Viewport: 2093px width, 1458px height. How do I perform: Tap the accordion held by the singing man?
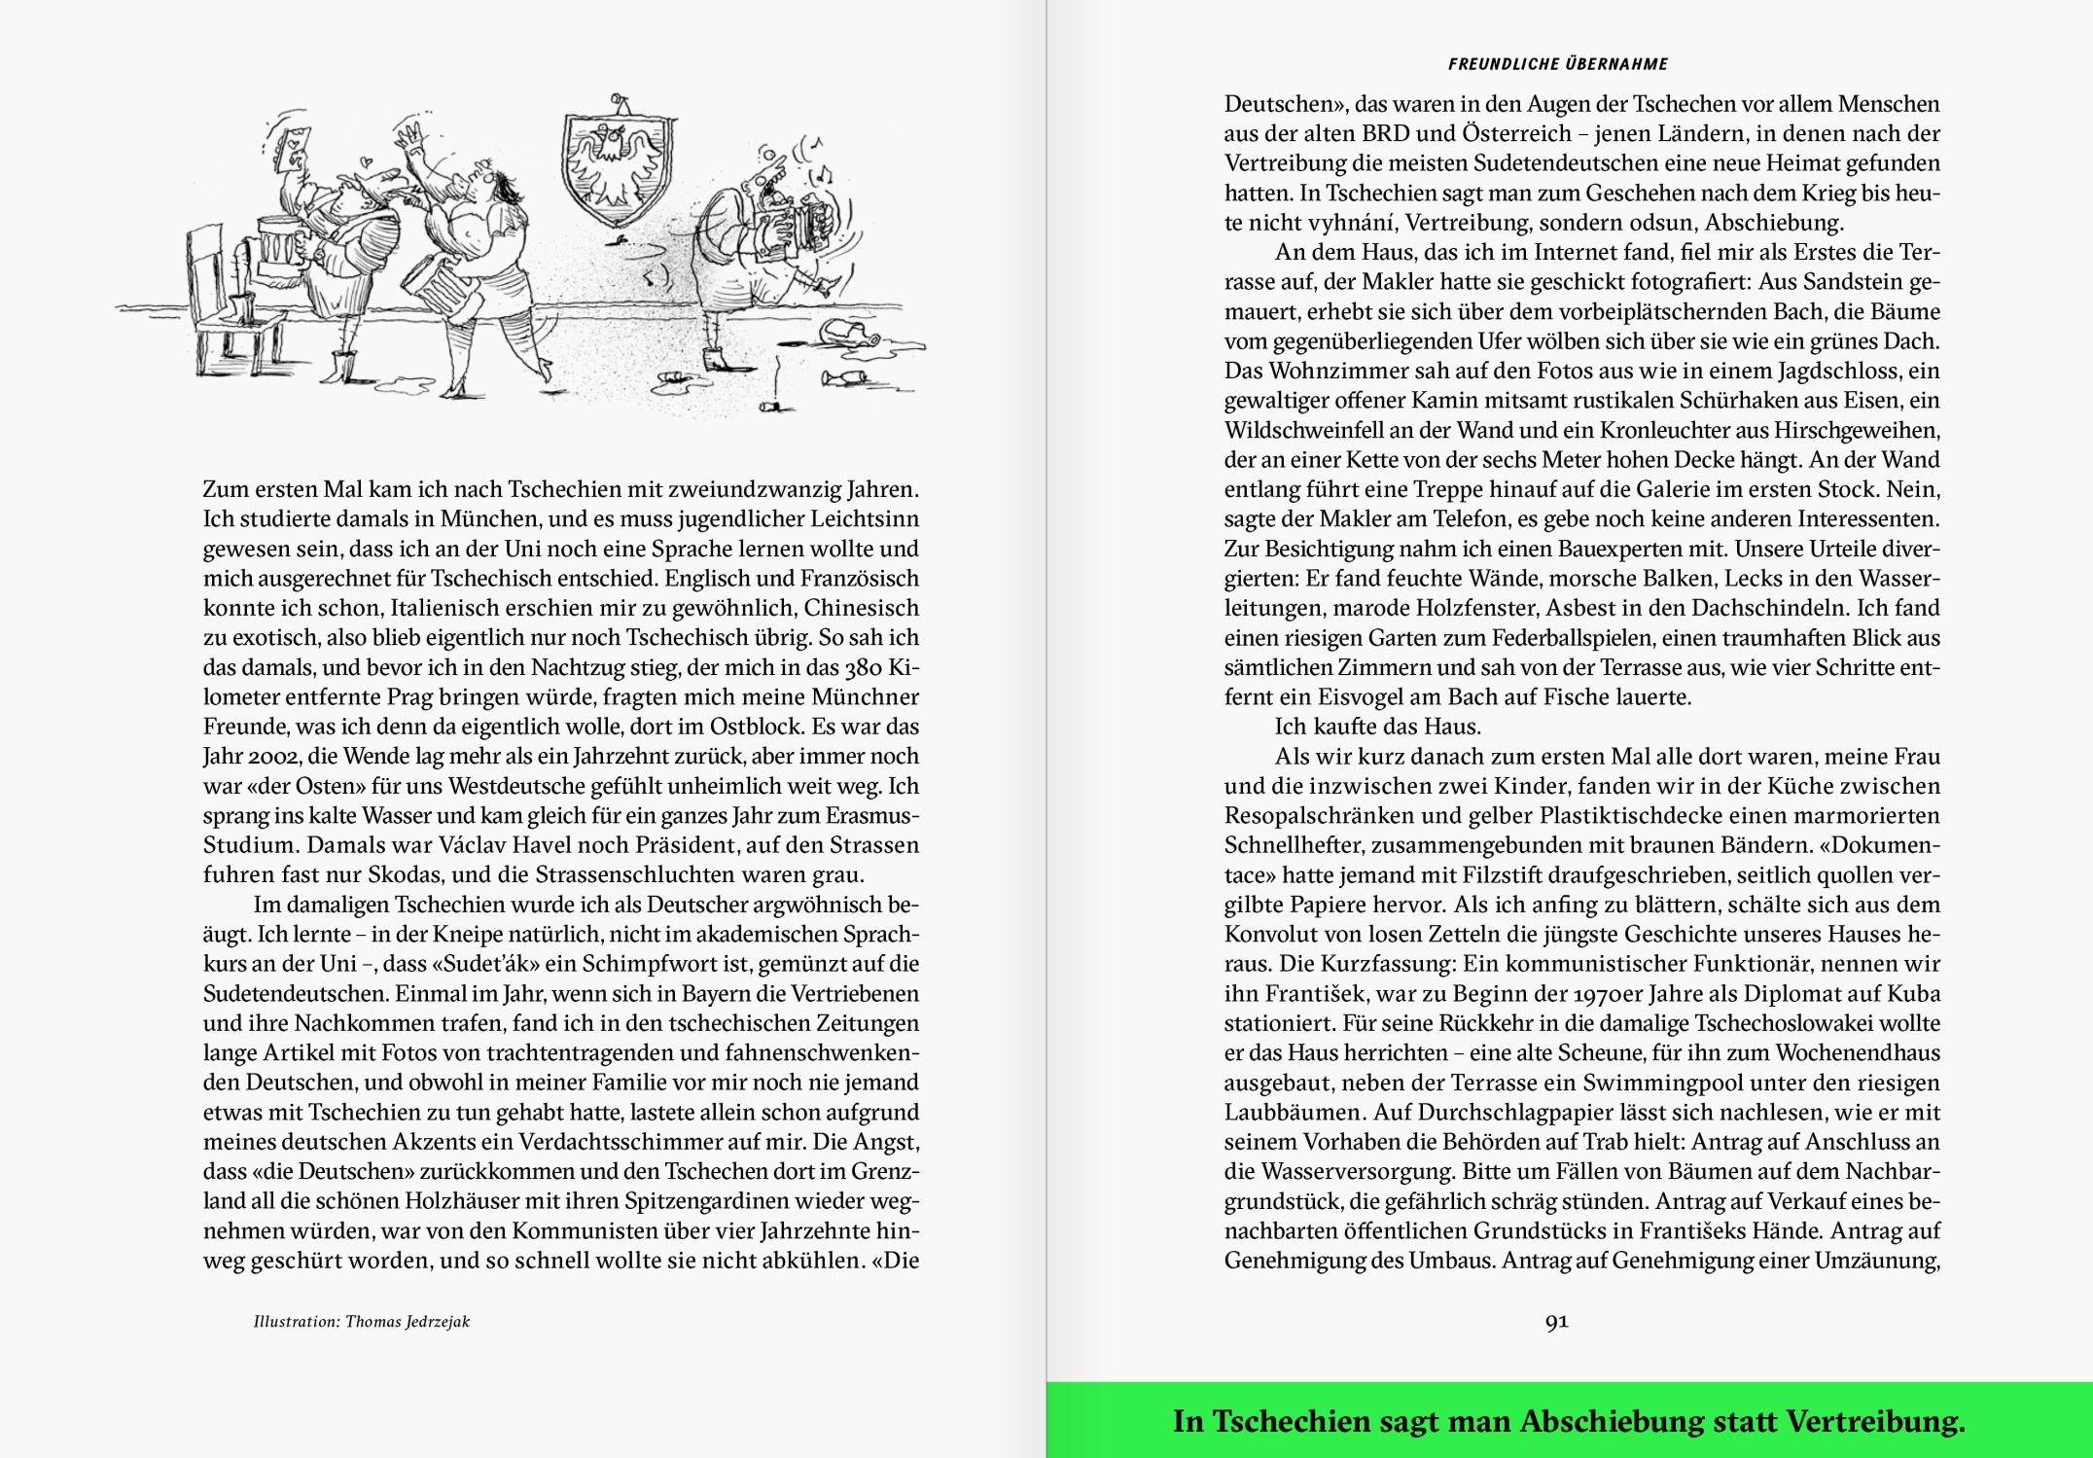coord(789,232)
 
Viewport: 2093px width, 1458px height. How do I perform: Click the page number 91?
coord(1556,1321)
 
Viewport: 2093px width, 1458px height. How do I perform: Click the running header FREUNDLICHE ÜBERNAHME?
coord(1557,64)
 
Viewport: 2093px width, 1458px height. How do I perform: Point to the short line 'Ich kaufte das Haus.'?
coord(1377,727)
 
